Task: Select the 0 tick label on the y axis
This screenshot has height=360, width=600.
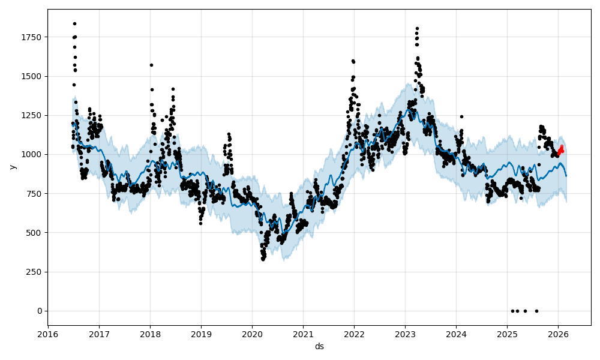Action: pos(40,311)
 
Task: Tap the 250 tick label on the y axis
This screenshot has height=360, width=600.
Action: pos(35,272)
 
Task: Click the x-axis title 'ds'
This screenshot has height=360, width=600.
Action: pos(319,346)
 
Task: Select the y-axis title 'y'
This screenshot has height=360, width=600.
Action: pos(11,167)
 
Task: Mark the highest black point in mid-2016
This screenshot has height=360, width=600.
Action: pos(74,23)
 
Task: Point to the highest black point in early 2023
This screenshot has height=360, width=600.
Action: pos(417,28)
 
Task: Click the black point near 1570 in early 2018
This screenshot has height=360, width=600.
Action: pos(151,65)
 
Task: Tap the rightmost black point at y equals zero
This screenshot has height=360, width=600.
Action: pos(536,311)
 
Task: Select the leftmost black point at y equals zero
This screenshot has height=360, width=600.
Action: pos(512,311)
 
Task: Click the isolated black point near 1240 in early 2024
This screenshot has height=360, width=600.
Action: pos(461,116)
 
